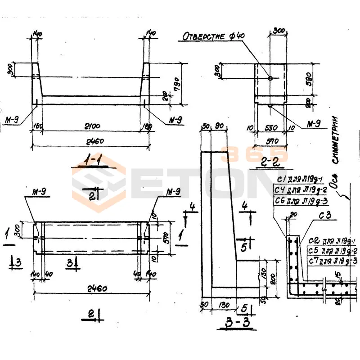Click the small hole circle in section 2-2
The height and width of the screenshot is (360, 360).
click(270, 78)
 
